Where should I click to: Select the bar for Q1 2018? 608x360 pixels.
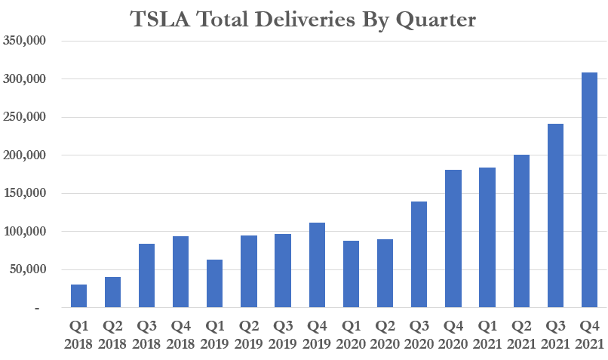(78, 296)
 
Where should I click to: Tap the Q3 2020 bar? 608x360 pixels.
(419, 254)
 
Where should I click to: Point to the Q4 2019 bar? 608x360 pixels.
(317, 265)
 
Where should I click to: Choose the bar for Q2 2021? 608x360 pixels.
(520, 231)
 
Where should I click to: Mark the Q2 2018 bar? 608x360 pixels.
(112, 292)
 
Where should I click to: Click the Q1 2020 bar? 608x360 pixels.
(351, 274)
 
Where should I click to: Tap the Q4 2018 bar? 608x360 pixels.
(180, 272)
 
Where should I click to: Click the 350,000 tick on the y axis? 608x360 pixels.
(25, 41)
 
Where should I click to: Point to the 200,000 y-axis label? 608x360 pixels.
(25, 155)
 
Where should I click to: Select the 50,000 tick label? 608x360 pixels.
(29, 269)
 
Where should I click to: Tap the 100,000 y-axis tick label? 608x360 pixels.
(25, 232)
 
